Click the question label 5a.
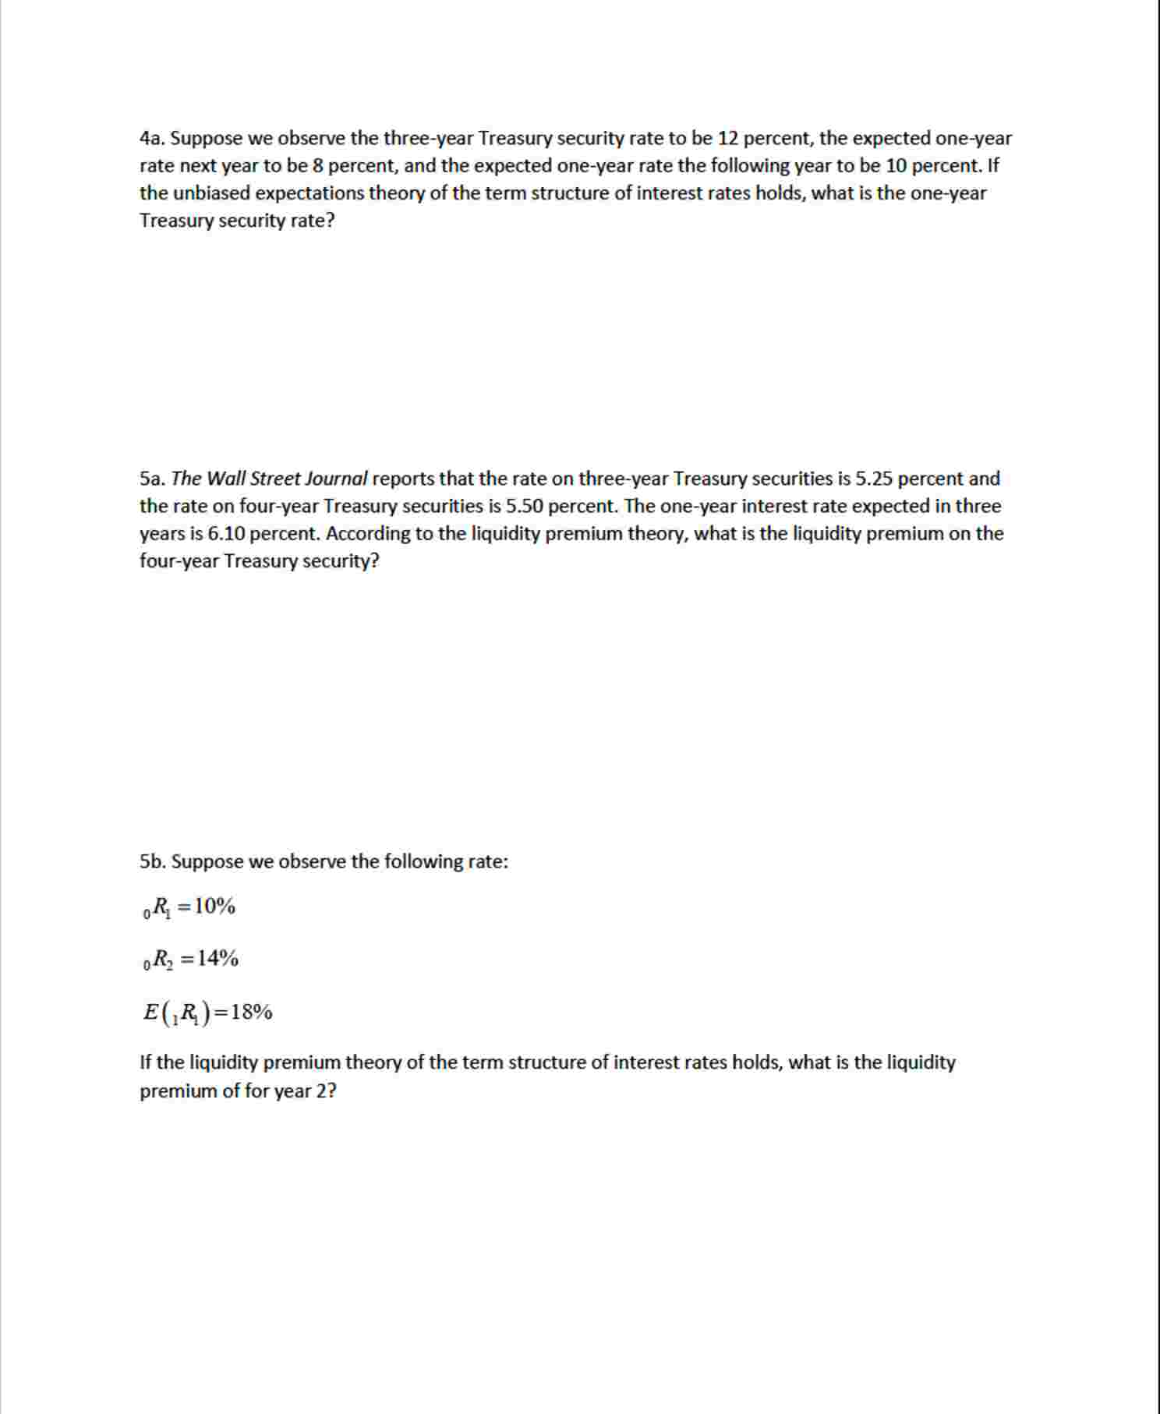click(x=152, y=479)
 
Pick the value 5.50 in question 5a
click(x=524, y=506)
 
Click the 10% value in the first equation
click(x=214, y=907)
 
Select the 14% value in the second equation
click(x=217, y=958)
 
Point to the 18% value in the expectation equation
click(x=252, y=1013)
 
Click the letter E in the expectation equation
click(x=150, y=1013)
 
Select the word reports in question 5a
click(x=403, y=479)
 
